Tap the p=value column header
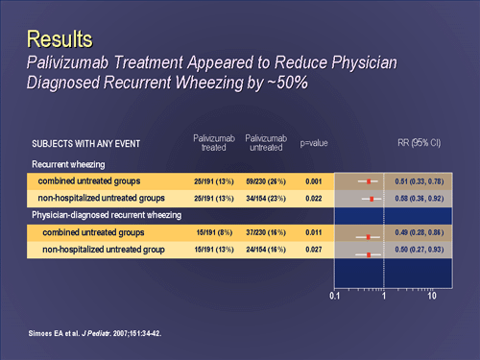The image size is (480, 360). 314,143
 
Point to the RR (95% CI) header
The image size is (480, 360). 419,143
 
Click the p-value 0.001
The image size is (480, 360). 314,180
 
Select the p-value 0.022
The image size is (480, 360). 314,199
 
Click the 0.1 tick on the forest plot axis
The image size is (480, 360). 335,297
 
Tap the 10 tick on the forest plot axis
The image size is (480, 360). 433,297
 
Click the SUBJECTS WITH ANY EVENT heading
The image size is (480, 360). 83,144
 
